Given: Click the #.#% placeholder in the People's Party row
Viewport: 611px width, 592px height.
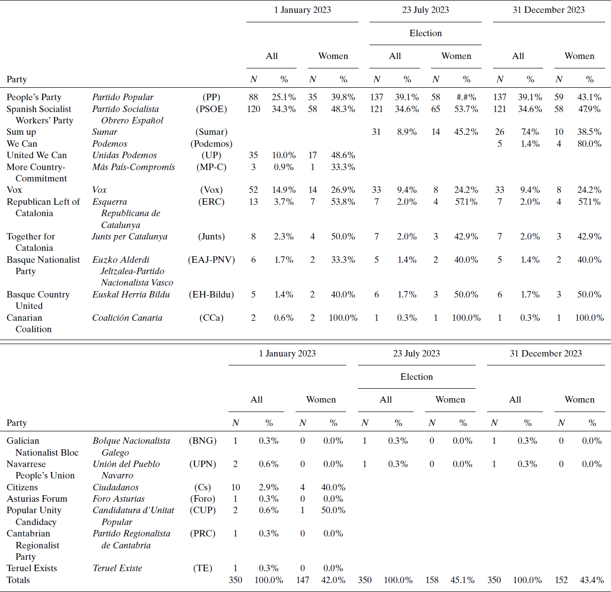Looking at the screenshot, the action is click(x=466, y=97).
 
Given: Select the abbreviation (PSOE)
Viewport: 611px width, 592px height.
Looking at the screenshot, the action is click(x=211, y=109).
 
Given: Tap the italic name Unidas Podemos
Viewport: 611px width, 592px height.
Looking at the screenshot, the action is click(x=124, y=155).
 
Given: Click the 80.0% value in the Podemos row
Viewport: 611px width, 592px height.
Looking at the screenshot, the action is click(x=589, y=143).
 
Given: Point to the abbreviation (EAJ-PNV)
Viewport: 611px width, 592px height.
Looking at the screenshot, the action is click(x=211, y=260).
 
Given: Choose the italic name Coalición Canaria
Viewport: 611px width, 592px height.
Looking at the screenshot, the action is click(x=127, y=318).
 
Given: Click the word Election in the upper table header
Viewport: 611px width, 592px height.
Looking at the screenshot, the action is click(x=426, y=33).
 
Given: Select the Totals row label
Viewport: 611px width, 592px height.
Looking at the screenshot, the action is click(x=18, y=580).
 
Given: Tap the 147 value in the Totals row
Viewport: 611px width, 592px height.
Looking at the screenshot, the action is click(x=303, y=580).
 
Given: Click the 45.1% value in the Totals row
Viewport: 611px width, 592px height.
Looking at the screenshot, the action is click(x=463, y=580).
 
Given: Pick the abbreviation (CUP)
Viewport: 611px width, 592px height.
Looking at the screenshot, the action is click(x=202, y=510).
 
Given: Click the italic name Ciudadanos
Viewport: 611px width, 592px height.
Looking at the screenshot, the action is click(x=116, y=487).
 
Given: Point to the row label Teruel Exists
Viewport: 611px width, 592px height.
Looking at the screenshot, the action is click(x=32, y=568).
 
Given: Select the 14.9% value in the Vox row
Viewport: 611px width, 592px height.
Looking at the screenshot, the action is click(x=284, y=189).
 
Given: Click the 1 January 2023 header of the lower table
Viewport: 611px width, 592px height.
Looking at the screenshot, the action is click(x=287, y=353).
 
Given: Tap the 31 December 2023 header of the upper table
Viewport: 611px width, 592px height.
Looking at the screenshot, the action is click(x=549, y=10).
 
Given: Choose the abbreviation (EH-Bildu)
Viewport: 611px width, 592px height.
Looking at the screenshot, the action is click(x=211, y=295).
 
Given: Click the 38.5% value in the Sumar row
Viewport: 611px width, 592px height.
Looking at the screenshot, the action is click(x=589, y=132).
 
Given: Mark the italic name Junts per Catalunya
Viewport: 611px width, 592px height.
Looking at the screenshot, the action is click(x=129, y=237).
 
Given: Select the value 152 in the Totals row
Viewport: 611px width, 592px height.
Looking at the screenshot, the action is click(x=561, y=580).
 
